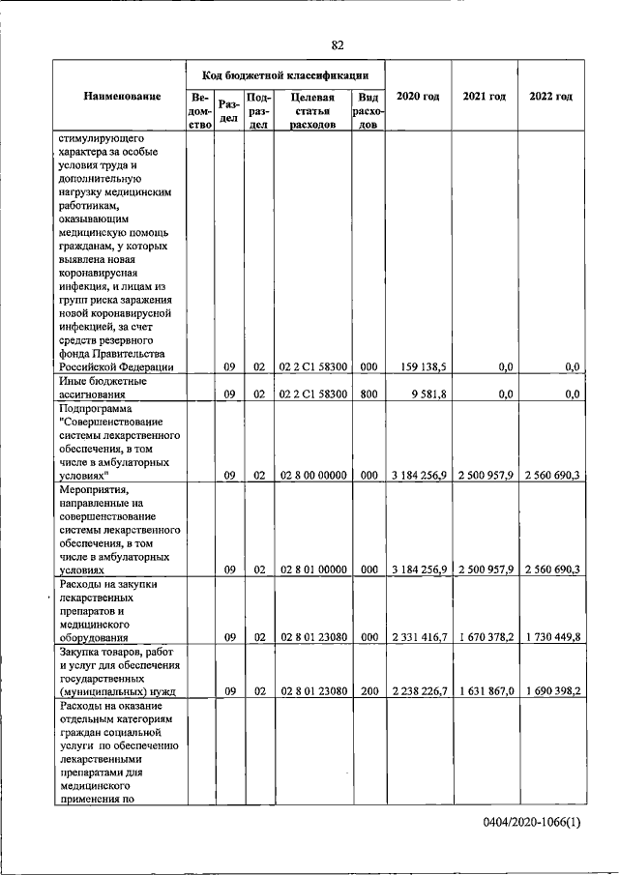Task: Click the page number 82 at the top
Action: [x=338, y=45]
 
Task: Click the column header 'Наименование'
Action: [x=122, y=97]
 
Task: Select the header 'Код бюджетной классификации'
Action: [x=284, y=74]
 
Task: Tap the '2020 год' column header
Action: [x=418, y=97]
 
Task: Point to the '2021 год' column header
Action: [x=485, y=97]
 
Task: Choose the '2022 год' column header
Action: [x=550, y=97]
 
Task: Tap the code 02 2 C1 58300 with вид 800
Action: [x=313, y=394]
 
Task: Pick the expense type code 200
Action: [x=368, y=692]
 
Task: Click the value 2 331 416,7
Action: [x=419, y=638]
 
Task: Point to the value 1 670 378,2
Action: [x=485, y=638]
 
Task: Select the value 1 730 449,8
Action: [x=550, y=638]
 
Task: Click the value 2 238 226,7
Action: [x=419, y=692]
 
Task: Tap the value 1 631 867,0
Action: [x=485, y=692]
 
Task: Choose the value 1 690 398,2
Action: [x=550, y=692]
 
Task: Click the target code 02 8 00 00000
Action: [x=313, y=476]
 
